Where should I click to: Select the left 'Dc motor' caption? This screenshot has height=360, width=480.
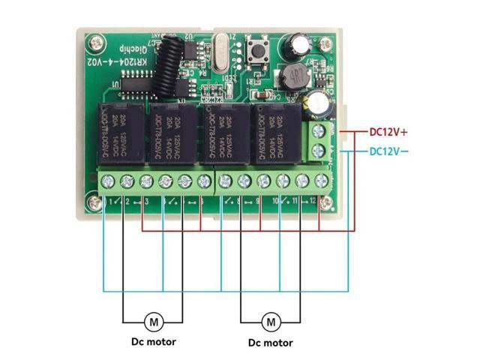[x=150, y=342]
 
